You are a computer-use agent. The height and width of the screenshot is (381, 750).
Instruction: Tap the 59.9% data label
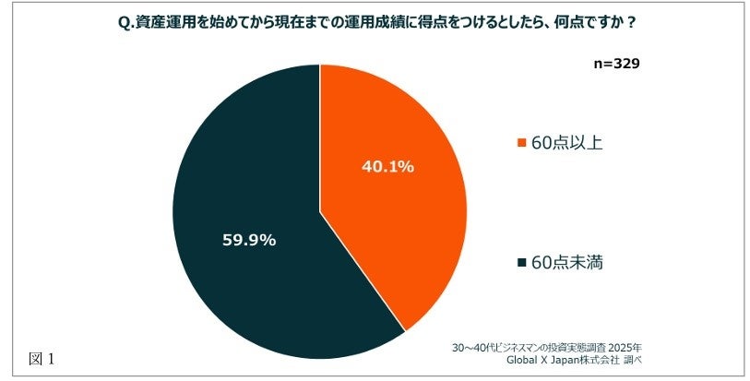coord(249,240)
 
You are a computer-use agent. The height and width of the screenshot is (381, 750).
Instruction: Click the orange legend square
coord(522,143)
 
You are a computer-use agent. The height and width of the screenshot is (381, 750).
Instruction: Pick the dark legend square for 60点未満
coord(522,263)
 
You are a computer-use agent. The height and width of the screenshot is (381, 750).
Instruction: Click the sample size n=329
coord(615,65)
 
